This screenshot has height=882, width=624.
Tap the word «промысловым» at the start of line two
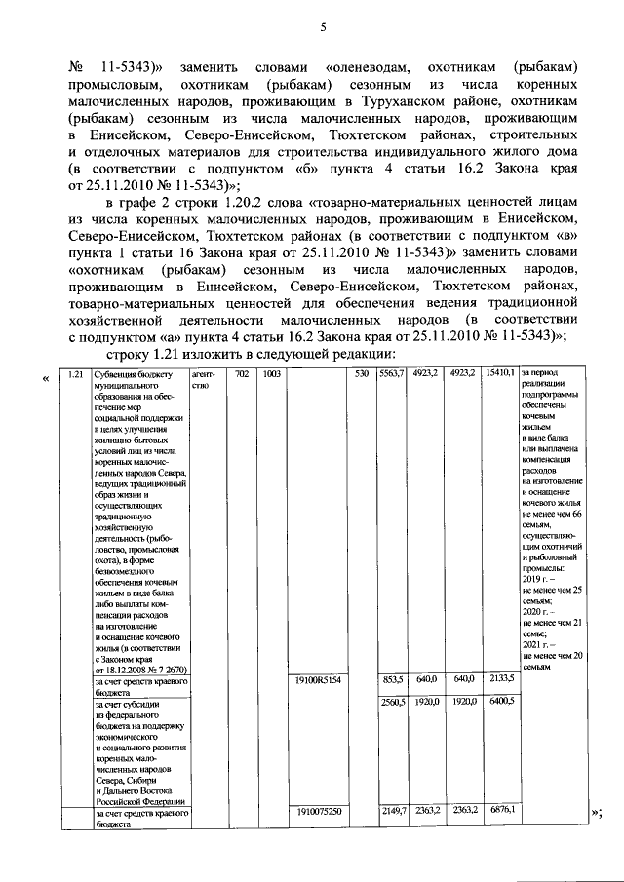click(108, 86)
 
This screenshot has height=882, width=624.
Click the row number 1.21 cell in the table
click(70, 373)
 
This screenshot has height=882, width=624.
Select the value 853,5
click(393, 679)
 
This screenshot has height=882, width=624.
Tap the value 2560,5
click(393, 701)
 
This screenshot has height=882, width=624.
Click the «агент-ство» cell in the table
click(203, 378)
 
